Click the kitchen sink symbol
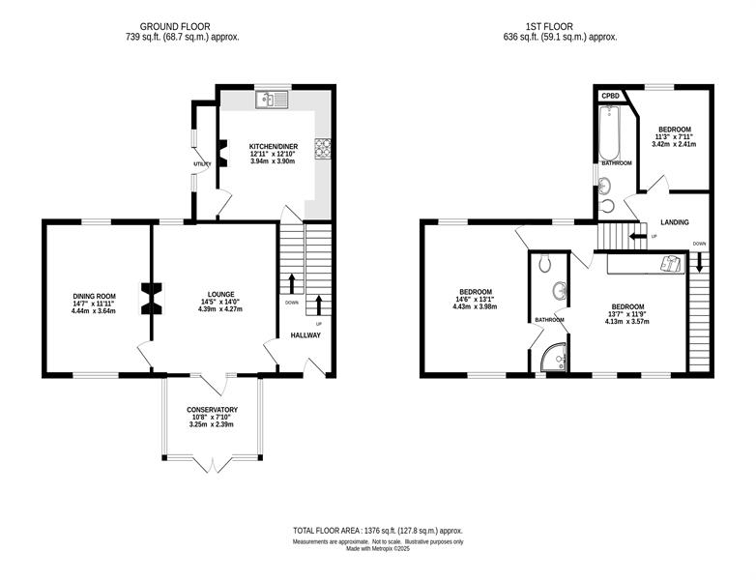[x=273, y=100]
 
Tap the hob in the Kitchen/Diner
[x=322, y=148]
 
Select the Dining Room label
[x=95, y=296]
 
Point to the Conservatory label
[x=212, y=410]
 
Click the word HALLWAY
[x=305, y=335]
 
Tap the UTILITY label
[x=202, y=164]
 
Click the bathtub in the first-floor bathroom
[x=609, y=132]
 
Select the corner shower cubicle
[x=554, y=358]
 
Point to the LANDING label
[x=675, y=222]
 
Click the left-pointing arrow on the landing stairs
[x=638, y=236]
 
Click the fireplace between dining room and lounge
[x=152, y=299]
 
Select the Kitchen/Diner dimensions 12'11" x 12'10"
[x=273, y=154]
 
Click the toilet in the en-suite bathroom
[x=546, y=262]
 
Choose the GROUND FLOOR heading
[x=175, y=27]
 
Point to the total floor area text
[x=378, y=531]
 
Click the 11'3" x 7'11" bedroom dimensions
[x=675, y=137]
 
